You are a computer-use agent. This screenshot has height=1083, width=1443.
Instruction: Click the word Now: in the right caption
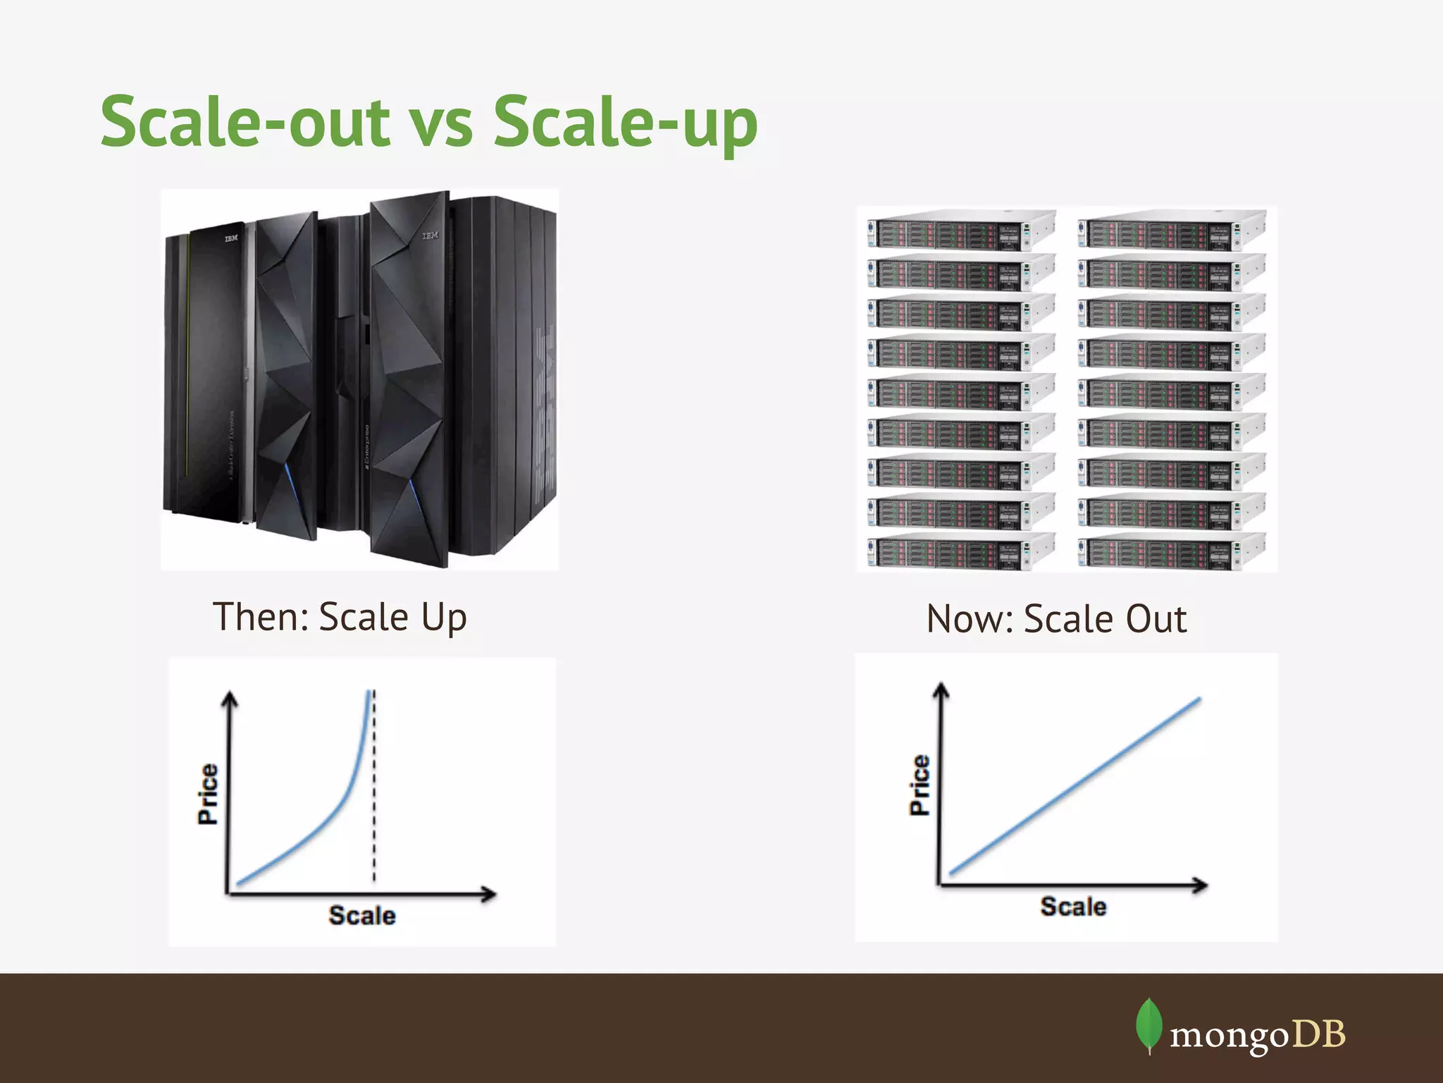click(970, 619)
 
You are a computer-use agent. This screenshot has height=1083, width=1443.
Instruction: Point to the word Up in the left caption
click(444, 618)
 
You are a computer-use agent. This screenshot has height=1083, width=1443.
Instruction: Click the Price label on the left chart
click(208, 794)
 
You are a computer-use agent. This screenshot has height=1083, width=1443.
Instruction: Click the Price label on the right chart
click(919, 785)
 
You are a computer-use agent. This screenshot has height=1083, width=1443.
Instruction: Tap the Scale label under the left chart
click(362, 915)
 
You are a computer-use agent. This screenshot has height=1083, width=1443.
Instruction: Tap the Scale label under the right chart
click(1073, 907)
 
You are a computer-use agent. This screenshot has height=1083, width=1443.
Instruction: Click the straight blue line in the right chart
click(1074, 786)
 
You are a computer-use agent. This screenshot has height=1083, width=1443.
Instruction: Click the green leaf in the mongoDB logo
click(1148, 1024)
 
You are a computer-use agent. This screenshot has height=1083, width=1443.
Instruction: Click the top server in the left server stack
click(960, 230)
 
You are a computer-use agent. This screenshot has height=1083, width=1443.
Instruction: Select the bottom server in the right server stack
click(1170, 551)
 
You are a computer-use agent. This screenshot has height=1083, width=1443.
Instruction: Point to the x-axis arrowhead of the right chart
click(1200, 885)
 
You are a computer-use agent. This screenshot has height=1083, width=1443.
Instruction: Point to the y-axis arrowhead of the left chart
click(230, 699)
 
